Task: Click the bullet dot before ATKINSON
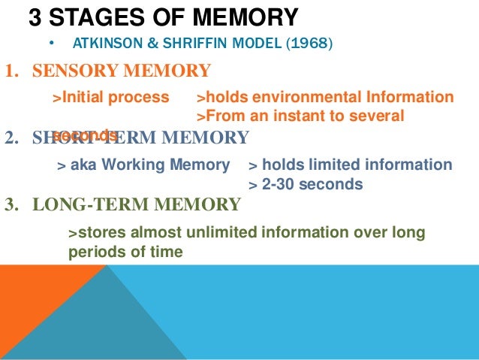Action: pos(50,42)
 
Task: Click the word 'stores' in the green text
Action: pos(98,233)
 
